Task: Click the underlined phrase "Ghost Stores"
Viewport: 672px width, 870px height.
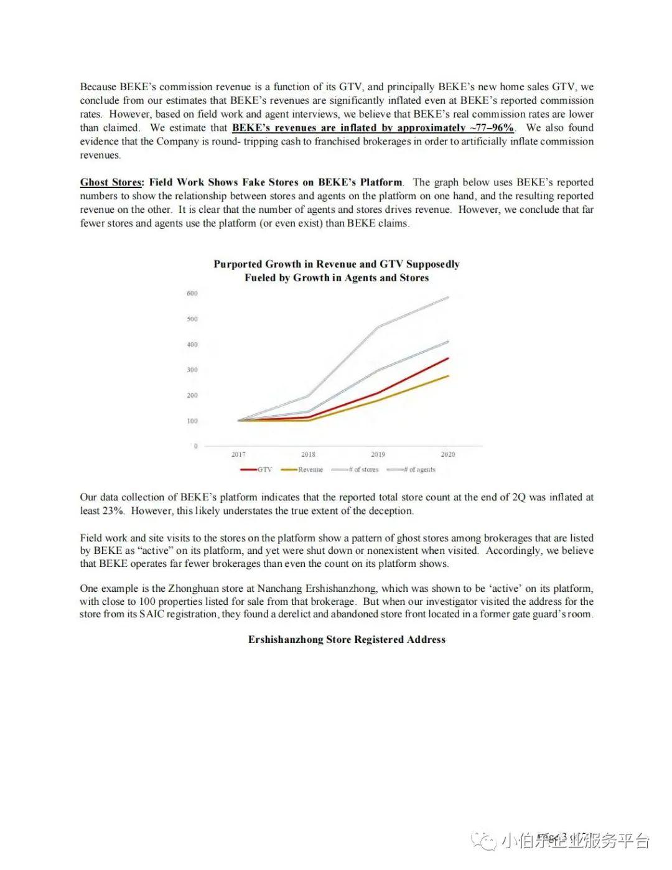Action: [x=111, y=182]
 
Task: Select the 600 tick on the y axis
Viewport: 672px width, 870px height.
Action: [x=192, y=293]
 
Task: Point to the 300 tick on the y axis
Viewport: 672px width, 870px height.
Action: [x=192, y=370]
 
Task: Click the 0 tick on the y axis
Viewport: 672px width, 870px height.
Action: [x=195, y=446]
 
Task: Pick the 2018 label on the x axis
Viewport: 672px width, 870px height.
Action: [x=308, y=454]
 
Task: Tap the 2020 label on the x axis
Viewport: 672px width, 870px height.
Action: [x=447, y=454]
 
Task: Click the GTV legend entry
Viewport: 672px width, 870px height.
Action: [x=256, y=470]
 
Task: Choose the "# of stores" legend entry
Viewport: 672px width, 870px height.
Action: [x=355, y=470]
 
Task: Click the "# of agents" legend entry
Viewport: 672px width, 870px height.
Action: [x=411, y=470]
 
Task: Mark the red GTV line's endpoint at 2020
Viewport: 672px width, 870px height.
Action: [x=448, y=358]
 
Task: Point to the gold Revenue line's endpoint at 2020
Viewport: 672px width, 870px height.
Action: [x=448, y=376]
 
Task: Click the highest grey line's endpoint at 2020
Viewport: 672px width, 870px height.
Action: [x=448, y=297]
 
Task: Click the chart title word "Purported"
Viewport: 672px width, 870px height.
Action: [x=238, y=264]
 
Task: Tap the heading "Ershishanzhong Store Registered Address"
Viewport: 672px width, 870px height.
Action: [x=347, y=639]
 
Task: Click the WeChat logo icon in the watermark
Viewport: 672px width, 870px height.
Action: [x=483, y=841]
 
